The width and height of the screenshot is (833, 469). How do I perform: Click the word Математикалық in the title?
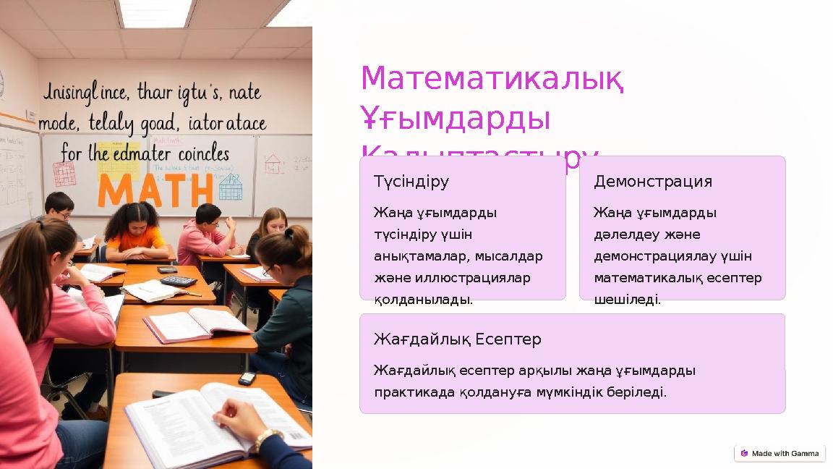point(492,79)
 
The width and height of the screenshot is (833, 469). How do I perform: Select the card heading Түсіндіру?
point(411,182)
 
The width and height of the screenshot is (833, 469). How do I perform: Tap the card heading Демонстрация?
point(652,182)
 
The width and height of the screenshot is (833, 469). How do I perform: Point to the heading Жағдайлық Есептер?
point(457,339)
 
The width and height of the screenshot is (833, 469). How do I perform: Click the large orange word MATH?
point(155,190)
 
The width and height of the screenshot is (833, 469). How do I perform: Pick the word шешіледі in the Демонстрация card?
point(627,300)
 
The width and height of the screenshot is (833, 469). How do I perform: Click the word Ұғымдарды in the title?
point(455,119)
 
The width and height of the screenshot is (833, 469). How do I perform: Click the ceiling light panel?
point(155,12)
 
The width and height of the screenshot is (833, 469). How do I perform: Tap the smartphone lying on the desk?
point(247,378)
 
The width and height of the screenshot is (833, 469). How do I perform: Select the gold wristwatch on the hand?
point(266,437)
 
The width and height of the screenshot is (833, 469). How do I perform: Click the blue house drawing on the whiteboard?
point(231,187)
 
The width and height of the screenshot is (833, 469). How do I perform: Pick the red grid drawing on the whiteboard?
point(64,174)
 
